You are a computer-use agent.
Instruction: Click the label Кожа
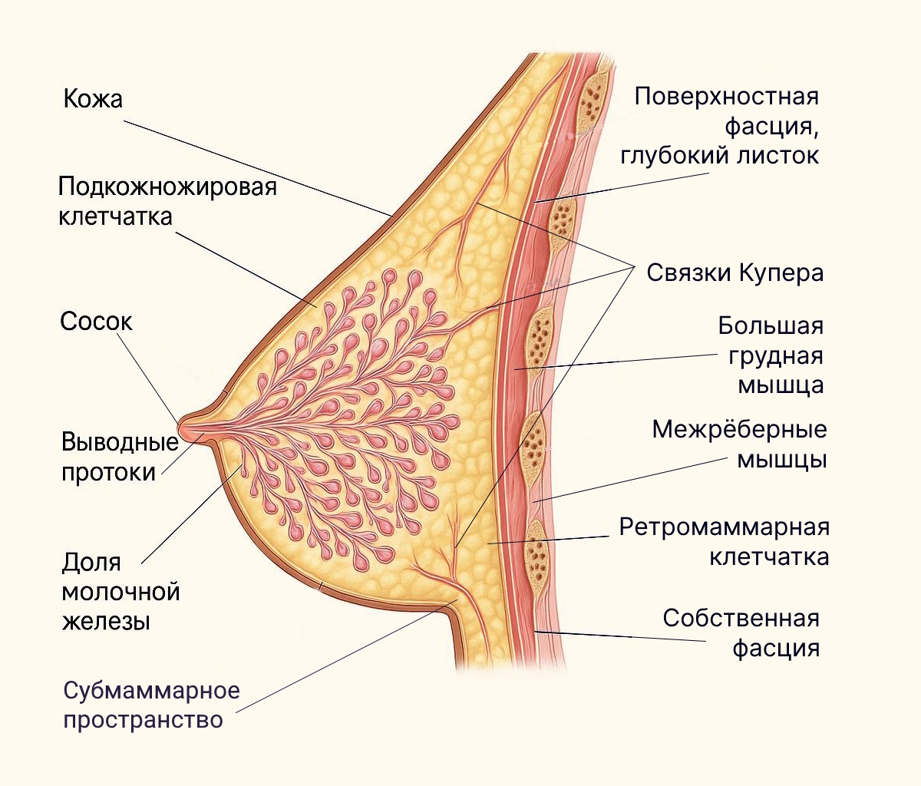pyautogui.click(x=93, y=99)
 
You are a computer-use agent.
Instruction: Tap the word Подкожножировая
pyautogui.click(x=167, y=187)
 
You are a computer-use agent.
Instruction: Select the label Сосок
pyautogui.click(x=96, y=321)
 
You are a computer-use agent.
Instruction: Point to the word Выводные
pyautogui.click(x=120, y=442)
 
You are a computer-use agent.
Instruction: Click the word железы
pyautogui.click(x=106, y=620)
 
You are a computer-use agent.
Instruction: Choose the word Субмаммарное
pyautogui.click(x=151, y=690)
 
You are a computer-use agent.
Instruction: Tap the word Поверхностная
pyautogui.click(x=726, y=97)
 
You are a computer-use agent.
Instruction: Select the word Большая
pyautogui.click(x=770, y=325)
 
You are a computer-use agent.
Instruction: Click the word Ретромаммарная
pyautogui.click(x=724, y=527)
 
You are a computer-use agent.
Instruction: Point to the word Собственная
pyautogui.click(x=741, y=618)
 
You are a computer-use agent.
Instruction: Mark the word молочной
pyautogui.click(x=120, y=591)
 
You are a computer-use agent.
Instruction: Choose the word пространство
pyautogui.click(x=143, y=720)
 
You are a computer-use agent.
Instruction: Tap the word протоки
pyautogui.click(x=108, y=472)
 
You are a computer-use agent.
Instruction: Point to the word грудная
pyautogui.click(x=775, y=355)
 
